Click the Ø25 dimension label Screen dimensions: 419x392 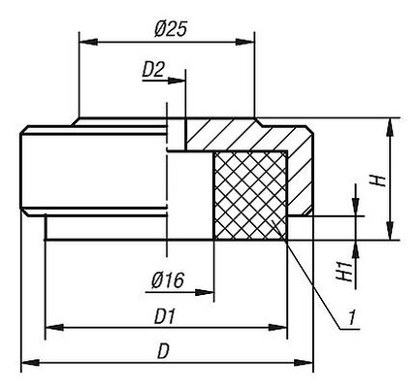pyautogui.click(x=171, y=29)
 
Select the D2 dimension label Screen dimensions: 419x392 pyautogui.click(x=153, y=70)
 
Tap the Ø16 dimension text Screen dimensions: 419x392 pyautogui.click(x=168, y=280)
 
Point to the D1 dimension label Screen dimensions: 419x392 pyautogui.click(x=165, y=316)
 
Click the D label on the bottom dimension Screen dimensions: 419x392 pyautogui.click(x=163, y=351)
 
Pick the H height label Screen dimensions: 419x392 pyautogui.click(x=378, y=180)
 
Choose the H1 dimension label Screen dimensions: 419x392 pyautogui.click(x=344, y=272)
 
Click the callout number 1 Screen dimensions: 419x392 pyautogui.click(x=352, y=317)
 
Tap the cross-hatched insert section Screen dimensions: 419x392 pyautogui.click(x=250, y=196)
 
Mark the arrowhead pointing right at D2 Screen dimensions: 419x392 pyautogui.click(x=177, y=81)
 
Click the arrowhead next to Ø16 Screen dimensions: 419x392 pyautogui.click(x=204, y=292)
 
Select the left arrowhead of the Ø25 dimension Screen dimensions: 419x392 pyautogui.click(x=88, y=42)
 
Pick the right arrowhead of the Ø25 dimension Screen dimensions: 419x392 pyautogui.click(x=245, y=42)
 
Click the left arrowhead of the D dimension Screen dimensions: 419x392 pyautogui.click(x=30, y=363)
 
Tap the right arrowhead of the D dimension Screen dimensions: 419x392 pyautogui.click(x=304, y=363)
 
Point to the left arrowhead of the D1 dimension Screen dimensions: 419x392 pyautogui.click(x=54, y=328)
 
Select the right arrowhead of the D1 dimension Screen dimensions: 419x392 pyautogui.click(x=277, y=328)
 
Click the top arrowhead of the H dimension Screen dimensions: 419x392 pyautogui.click(x=390, y=127)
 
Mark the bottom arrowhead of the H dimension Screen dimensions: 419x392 pyautogui.click(x=390, y=231)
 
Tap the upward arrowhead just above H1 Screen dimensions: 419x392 pyautogui.click(x=356, y=249)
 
